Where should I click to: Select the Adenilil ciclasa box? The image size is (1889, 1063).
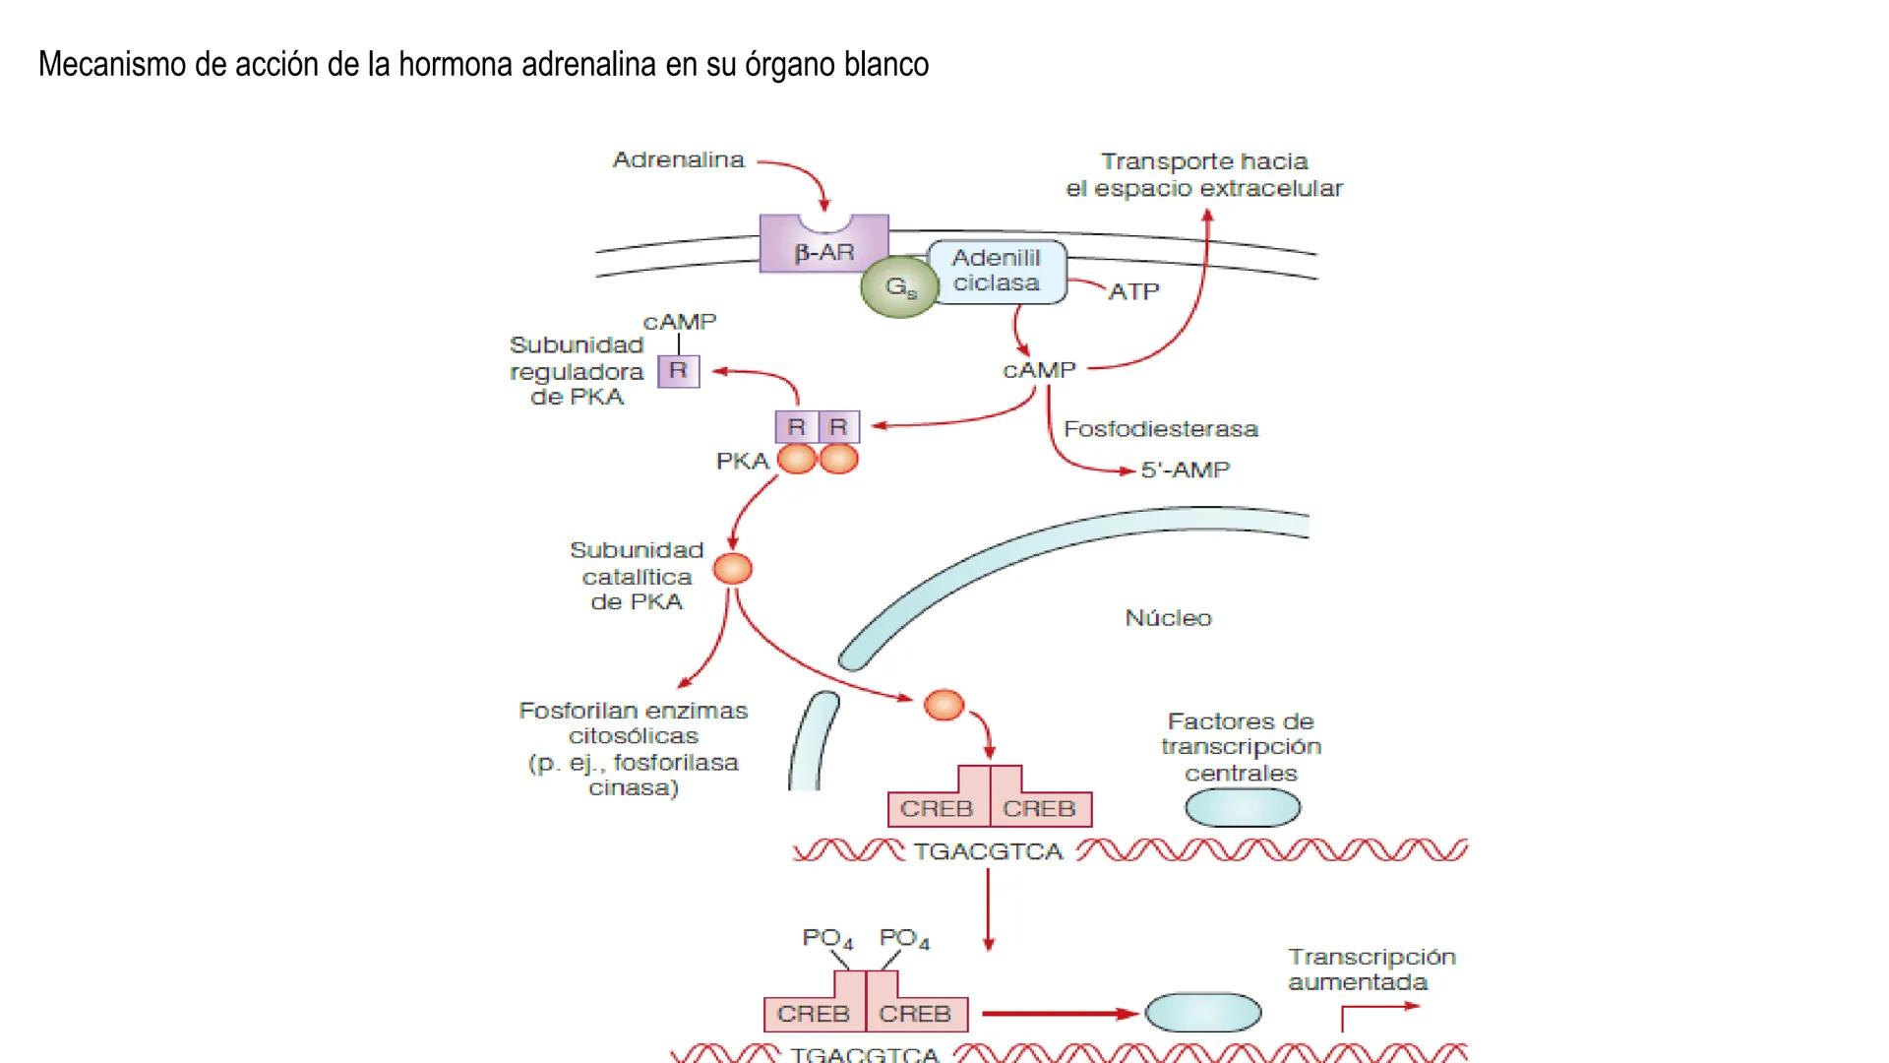coord(996,271)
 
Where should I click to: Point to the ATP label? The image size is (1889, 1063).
coord(1133,292)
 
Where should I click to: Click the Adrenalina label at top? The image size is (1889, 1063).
coord(678,160)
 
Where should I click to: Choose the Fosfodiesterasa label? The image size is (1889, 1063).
coord(1160,429)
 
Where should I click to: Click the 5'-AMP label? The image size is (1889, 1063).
coord(1185,470)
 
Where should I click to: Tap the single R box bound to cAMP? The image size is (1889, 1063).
coord(678,371)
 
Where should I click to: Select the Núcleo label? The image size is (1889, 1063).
coord(1168,618)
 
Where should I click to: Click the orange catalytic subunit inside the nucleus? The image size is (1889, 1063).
coord(944,705)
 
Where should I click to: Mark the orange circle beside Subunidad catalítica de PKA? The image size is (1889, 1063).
coord(732,569)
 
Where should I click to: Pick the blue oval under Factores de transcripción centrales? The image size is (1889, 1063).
coord(1242,808)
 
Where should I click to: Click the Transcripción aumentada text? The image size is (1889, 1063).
coord(1371,969)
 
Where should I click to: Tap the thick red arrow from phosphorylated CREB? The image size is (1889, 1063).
coord(1058,1013)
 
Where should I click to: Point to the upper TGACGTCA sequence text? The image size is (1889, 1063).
coord(988,851)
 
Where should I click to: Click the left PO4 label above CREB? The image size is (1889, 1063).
coord(827,938)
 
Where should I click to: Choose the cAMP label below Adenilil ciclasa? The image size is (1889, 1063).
coord(1039,371)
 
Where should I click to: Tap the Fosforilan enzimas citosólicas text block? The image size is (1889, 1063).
coord(634,748)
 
